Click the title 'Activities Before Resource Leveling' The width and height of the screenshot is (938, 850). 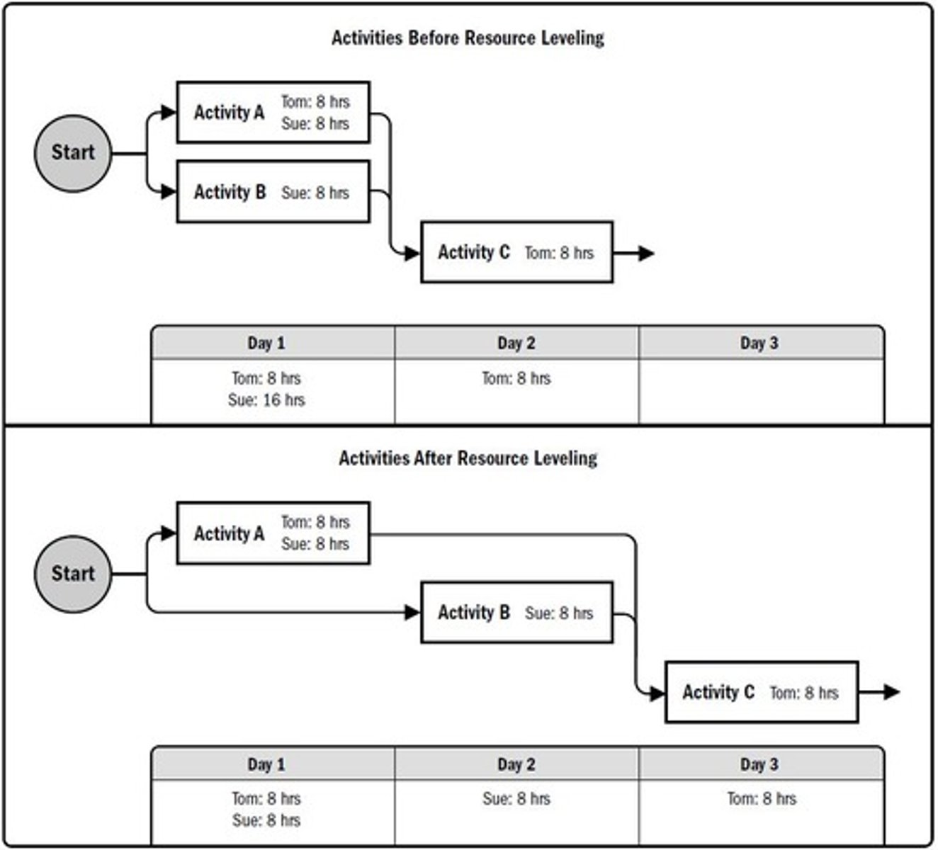pyautogui.click(x=468, y=38)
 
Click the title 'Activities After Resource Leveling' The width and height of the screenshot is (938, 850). pyautogui.click(x=468, y=458)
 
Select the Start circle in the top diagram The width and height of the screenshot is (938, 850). pyautogui.click(x=73, y=153)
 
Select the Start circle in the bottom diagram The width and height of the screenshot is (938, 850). pyautogui.click(x=73, y=574)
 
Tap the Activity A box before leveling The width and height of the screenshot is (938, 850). pyautogui.click(x=273, y=113)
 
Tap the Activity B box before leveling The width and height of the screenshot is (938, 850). pyautogui.click(x=273, y=192)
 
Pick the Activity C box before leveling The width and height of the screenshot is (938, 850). pyautogui.click(x=516, y=252)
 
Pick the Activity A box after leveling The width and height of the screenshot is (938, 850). pyautogui.click(x=273, y=533)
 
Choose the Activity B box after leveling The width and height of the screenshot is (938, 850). pyautogui.click(x=516, y=613)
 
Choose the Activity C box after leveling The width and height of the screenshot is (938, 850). pyautogui.click(x=762, y=692)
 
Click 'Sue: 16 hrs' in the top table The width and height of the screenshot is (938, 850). pyautogui.click(x=266, y=400)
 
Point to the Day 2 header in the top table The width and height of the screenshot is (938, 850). pyautogui.click(x=516, y=344)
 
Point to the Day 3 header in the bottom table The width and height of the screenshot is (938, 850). pyautogui.click(x=759, y=764)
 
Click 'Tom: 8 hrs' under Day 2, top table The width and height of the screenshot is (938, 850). pyautogui.click(x=516, y=379)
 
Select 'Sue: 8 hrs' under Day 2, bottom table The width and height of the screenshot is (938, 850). pyautogui.click(x=516, y=799)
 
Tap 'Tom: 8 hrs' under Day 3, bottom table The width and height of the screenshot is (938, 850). pyautogui.click(x=762, y=799)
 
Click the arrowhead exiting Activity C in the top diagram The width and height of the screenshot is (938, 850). pyautogui.click(x=645, y=253)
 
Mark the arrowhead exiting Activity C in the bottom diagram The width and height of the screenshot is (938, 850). pyautogui.click(x=891, y=692)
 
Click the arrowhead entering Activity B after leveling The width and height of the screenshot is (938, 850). pyautogui.click(x=412, y=613)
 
